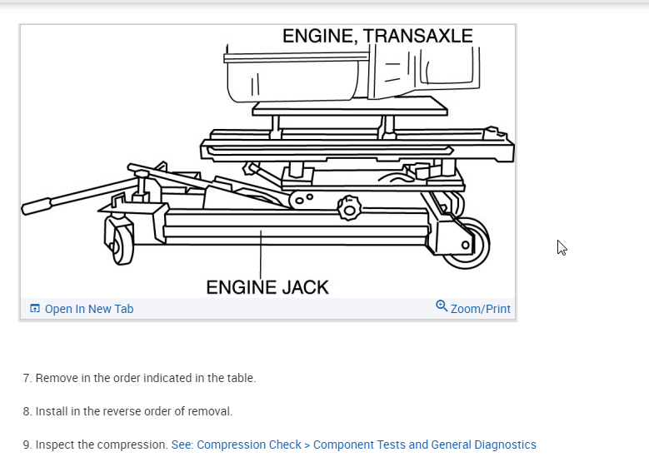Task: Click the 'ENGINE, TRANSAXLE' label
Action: click(377, 36)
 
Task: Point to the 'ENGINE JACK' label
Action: click(267, 287)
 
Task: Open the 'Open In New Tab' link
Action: click(88, 309)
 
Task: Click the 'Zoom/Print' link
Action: click(480, 309)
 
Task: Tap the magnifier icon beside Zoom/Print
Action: click(442, 306)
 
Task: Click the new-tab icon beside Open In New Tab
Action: click(35, 309)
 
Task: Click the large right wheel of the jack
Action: click(465, 243)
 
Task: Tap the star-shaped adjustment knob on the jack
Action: click(350, 206)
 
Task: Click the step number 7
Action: click(27, 378)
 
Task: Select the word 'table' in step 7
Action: click(239, 378)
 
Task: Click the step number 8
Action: click(27, 411)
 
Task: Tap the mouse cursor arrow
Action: click(562, 247)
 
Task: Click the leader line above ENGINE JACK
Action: click(261, 254)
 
